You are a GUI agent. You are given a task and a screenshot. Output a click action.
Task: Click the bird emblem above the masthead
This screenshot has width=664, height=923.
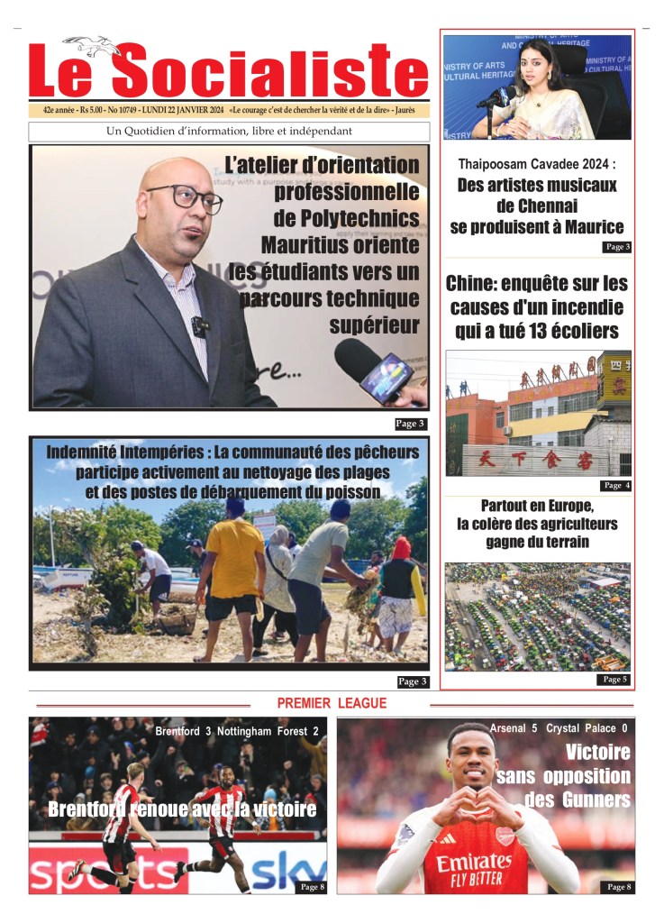coord(92,44)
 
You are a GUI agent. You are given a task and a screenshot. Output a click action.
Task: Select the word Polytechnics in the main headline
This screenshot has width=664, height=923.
coord(346,218)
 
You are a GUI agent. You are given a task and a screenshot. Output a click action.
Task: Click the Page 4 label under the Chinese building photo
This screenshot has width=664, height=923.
coord(616,485)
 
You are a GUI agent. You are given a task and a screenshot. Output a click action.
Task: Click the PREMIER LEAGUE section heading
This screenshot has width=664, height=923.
coord(332,703)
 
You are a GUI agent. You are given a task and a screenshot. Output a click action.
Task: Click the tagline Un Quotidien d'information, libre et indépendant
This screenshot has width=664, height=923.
coord(229,132)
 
